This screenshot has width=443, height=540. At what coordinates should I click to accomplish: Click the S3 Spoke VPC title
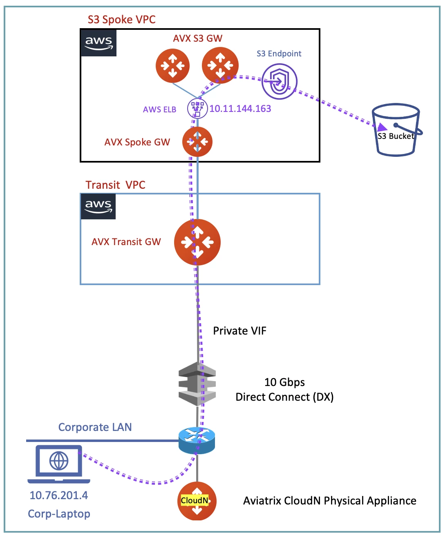(121, 20)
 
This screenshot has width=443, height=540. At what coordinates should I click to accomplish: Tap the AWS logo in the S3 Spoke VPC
(98, 43)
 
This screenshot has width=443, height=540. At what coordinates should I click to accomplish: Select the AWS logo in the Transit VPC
(98, 206)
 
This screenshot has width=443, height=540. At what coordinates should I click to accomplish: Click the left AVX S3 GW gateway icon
(172, 65)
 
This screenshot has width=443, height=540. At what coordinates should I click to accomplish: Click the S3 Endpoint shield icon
(280, 82)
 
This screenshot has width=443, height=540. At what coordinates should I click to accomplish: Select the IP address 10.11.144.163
(240, 109)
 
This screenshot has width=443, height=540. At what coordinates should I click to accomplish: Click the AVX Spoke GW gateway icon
(197, 142)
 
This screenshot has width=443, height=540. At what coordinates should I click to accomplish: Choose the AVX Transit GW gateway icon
(197, 242)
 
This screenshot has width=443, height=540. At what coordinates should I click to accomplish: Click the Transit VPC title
(115, 185)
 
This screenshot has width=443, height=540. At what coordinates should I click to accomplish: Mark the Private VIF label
(239, 331)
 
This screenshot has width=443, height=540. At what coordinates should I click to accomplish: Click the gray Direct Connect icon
(197, 384)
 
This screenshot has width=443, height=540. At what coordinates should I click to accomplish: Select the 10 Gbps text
(284, 382)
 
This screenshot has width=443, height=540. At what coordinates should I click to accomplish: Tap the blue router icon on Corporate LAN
(197, 440)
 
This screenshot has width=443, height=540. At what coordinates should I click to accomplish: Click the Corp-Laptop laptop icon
(59, 464)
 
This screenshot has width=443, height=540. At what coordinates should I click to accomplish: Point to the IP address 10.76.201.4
(58, 495)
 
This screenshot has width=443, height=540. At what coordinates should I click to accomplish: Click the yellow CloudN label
(195, 500)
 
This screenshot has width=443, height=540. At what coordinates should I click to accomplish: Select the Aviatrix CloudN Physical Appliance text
(329, 501)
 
